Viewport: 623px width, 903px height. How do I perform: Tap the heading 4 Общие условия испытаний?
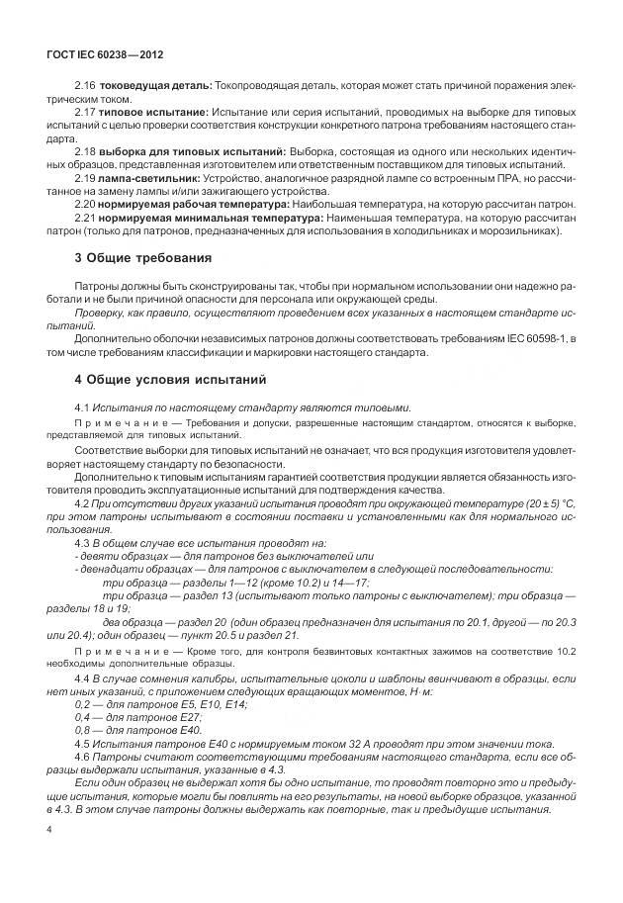(170, 379)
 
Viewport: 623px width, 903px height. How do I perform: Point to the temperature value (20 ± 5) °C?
(542, 503)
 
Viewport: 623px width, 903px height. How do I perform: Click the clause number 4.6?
(84, 755)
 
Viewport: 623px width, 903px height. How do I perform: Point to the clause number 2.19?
(84, 177)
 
